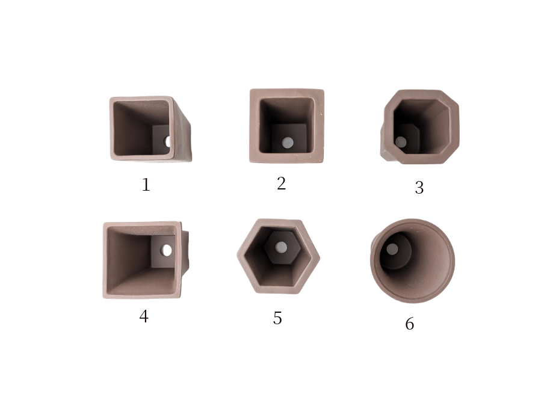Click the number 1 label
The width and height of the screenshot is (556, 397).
[146, 185]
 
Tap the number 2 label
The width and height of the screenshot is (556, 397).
[281, 183]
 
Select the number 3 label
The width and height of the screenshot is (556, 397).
[419, 188]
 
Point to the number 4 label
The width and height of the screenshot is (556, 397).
[144, 316]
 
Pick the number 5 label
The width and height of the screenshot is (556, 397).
[277, 318]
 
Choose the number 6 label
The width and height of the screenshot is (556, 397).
[410, 324]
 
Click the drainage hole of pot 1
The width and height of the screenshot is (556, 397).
[167, 141]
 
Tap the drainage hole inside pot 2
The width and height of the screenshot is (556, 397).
[288, 143]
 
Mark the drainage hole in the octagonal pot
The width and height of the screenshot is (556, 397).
[401, 142]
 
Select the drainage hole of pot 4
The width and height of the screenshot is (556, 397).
[166, 250]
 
